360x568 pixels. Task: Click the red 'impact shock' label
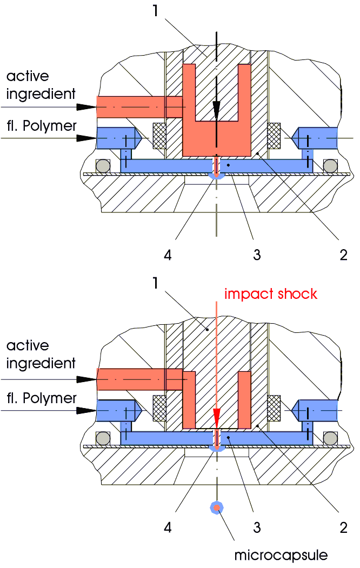271,294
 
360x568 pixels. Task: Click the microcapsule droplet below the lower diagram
216,507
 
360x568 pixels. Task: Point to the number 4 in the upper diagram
168,254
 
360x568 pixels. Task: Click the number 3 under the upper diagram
256,254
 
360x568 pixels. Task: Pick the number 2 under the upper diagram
343,254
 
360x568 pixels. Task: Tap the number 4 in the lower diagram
168,527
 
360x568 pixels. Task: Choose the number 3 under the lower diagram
256,527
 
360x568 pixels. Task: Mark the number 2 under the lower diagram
343,527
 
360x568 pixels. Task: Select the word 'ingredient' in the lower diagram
41,363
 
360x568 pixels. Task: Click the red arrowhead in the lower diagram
216,416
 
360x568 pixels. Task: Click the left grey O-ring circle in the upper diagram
102,165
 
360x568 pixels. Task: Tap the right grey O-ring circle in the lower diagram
329,437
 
